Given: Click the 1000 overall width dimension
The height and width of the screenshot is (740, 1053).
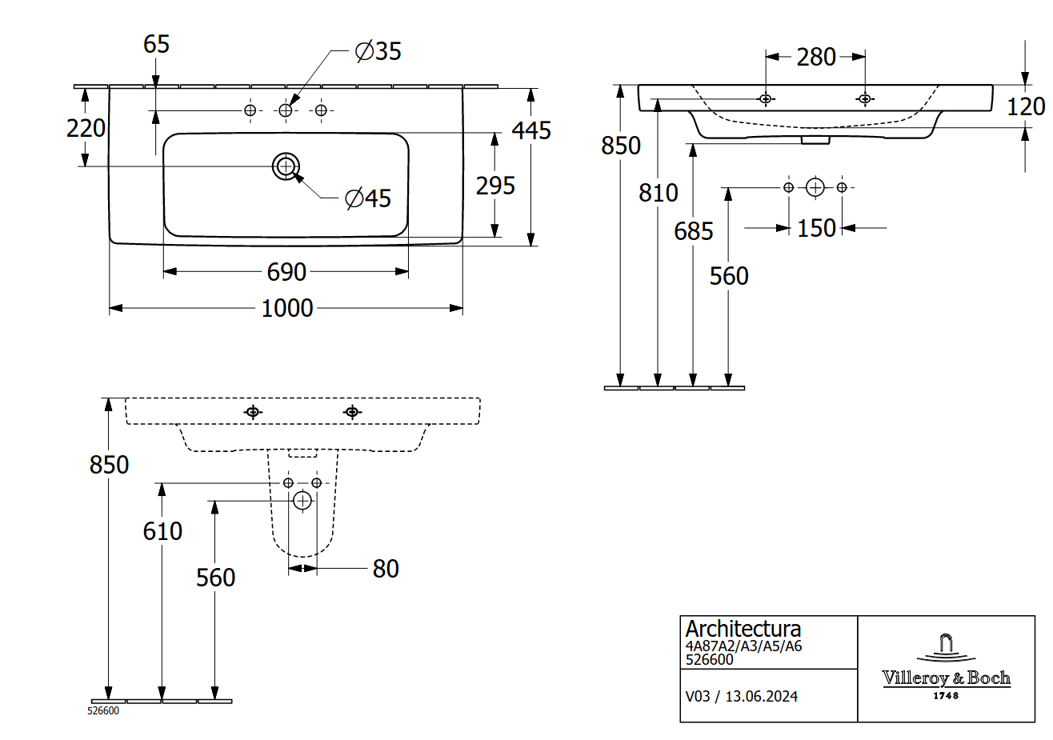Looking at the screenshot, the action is click(x=286, y=309).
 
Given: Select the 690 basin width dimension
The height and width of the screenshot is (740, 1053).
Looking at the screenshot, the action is click(x=286, y=272).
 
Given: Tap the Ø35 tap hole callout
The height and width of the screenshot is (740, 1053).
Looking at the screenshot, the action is click(x=378, y=50).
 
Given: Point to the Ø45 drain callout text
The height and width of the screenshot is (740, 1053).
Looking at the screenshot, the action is click(x=367, y=198).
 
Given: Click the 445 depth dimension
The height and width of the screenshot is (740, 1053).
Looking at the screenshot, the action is click(x=531, y=130).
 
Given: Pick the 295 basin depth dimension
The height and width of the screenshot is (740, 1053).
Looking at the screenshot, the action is click(x=495, y=186).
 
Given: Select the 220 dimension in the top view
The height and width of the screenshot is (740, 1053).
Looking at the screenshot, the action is click(x=86, y=128).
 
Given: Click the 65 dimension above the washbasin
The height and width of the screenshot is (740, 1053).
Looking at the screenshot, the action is click(x=157, y=44).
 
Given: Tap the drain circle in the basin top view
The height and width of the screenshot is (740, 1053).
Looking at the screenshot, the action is click(x=286, y=166).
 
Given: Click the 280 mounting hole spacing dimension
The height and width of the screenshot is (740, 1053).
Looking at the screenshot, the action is click(x=815, y=57).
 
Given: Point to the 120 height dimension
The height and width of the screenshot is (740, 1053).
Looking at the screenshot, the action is click(x=1026, y=106).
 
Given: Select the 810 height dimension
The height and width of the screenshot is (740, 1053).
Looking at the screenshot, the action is click(x=658, y=193).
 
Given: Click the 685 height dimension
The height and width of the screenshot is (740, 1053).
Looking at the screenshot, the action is click(x=694, y=231).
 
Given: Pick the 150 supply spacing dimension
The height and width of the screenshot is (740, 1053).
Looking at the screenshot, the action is click(x=816, y=229).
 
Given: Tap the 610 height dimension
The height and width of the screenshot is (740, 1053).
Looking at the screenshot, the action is click(x=162, y=531).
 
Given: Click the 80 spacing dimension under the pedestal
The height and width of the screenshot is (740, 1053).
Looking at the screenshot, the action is click(x=386, y=569).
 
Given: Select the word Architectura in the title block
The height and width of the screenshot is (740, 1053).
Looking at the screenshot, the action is click(x=743, y=629).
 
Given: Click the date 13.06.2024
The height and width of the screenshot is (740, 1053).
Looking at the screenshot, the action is click(x=762, y=696).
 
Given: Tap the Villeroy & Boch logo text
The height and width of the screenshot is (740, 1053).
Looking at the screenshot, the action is click(x=946, y=678).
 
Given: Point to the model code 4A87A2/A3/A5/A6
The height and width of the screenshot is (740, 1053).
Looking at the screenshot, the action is click(x=743, y=646).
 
